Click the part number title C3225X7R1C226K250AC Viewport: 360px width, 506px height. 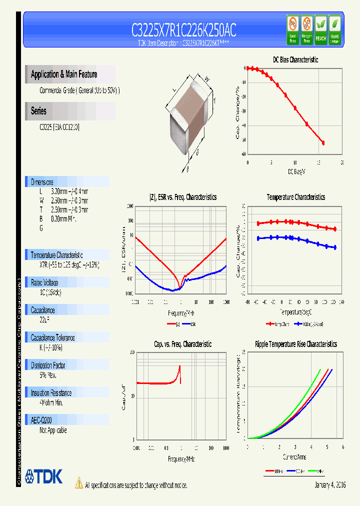pos(183,30)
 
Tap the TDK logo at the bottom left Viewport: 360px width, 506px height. pos(44,476)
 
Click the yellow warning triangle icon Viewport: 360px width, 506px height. pos(78,482)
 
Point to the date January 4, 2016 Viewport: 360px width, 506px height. pos(330,485)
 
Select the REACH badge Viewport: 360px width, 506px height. pos(321,29)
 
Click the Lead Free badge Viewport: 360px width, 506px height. pos(292,29)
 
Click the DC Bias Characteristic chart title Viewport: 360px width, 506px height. pos(295,59)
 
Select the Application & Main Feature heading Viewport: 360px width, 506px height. pos(64,74)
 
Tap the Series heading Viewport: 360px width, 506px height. pos(39,111)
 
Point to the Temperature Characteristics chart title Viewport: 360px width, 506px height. pos(295,197)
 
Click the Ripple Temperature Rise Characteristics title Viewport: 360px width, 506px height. pos(295,344)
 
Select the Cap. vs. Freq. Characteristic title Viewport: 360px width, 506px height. pos(182,344)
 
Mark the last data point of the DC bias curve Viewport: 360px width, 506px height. pos(323,143)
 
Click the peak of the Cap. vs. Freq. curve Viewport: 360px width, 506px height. pos(179,366)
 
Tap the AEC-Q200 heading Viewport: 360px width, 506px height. pos(41,420)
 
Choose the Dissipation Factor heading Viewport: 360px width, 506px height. pos(48,365)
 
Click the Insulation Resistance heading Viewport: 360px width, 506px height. pos(51,393)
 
